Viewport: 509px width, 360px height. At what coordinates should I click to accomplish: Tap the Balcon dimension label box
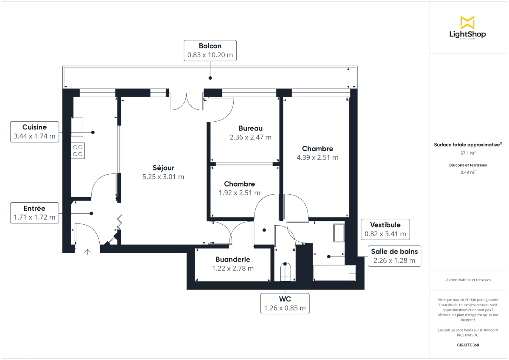click(x=210, y=50)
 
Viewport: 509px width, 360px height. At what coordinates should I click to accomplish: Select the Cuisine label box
click(x=34, y=131)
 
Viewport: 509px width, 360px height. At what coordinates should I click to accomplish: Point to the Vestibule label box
click(x=385, y=229)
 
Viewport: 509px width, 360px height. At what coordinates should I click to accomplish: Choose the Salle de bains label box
click(x=394, y=256)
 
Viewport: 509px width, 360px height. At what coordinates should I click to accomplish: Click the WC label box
click(x=285, y=304)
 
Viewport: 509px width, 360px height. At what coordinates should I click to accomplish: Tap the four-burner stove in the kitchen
click(x=78, y=151)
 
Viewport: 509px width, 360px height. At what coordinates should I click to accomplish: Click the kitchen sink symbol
click(x=77, y=127)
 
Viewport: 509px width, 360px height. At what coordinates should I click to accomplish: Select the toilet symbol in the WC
click(x=285, y=272)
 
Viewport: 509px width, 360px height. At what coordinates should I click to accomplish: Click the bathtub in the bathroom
click(x=334, y=273)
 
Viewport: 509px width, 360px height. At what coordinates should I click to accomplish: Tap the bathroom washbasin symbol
click(x=339, y=233)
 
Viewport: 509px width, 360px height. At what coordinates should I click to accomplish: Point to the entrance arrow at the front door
click(x=87, y=252)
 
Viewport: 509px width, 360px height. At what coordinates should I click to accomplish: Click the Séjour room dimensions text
click(x=163, y=177)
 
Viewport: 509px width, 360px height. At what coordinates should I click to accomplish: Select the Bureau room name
click(x=250, y=128)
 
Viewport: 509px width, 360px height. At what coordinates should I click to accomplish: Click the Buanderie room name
click(x=232, y=260)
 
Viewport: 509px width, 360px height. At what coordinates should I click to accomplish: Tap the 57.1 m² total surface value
click(x=468, y=153)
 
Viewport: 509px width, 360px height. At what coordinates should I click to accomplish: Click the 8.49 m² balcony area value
click(x=468, y=172)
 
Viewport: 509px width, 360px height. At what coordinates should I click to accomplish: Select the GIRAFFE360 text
click(x=468, y=345)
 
